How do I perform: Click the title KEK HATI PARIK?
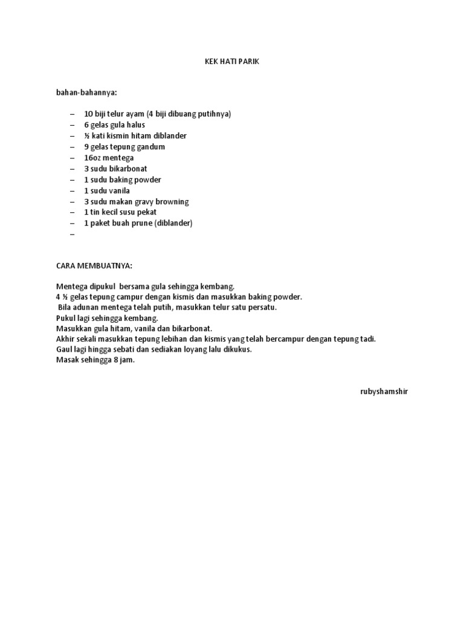point(231,61)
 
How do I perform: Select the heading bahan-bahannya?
point(86,92)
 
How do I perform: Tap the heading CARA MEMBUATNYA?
point(94,265)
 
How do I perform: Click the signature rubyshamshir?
point(384,391)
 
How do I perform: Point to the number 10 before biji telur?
point(88,114)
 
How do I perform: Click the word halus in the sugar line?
point(135,125)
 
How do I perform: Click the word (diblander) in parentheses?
point(173,223)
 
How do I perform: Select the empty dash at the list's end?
point(72,234)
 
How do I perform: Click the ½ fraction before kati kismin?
point(87,135)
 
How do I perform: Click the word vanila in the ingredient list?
point(119,190)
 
